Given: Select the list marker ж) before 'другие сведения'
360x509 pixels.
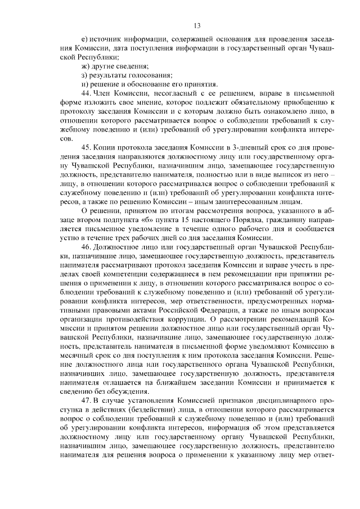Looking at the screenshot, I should click(x=85, y=66).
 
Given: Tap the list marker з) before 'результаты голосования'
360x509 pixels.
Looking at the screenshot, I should click(x=85, y=75).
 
